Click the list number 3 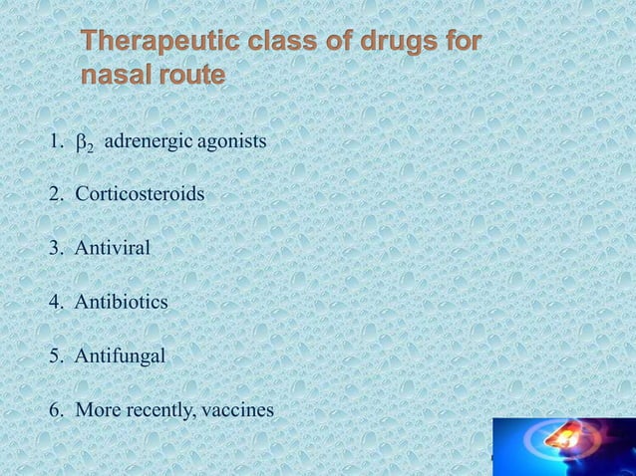(56, 246)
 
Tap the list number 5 (56, 354)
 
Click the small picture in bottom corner (562, 447)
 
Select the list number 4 (56, 300)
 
